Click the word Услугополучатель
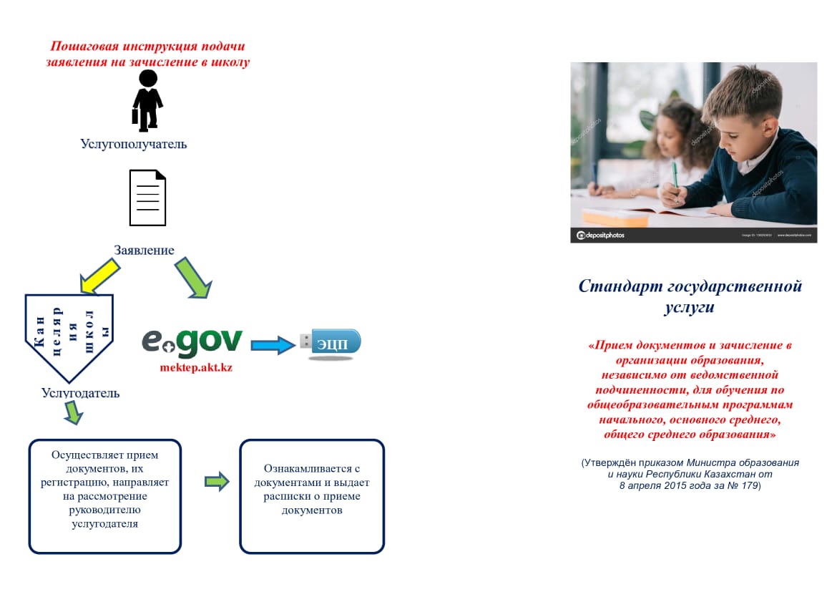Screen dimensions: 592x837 tap(133, 144)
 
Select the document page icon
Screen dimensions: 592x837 tap(147, 198)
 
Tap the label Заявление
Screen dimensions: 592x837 tap(144, 250)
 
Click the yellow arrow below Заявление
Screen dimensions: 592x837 tap(100, 276)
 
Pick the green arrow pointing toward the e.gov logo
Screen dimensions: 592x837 tap(192, 278)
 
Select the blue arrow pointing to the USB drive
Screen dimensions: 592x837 tap(273, 345)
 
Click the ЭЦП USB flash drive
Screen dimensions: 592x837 tap(335, 344)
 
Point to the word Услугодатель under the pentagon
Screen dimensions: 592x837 tap(80, 393)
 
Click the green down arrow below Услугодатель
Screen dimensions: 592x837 tap(73, 413)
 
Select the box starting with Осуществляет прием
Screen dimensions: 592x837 tap(104, 496)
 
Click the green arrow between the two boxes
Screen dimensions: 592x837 tap(217, 482)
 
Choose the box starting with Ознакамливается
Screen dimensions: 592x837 tap(312, 496)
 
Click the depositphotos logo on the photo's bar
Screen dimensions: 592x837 tap(601, 235)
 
